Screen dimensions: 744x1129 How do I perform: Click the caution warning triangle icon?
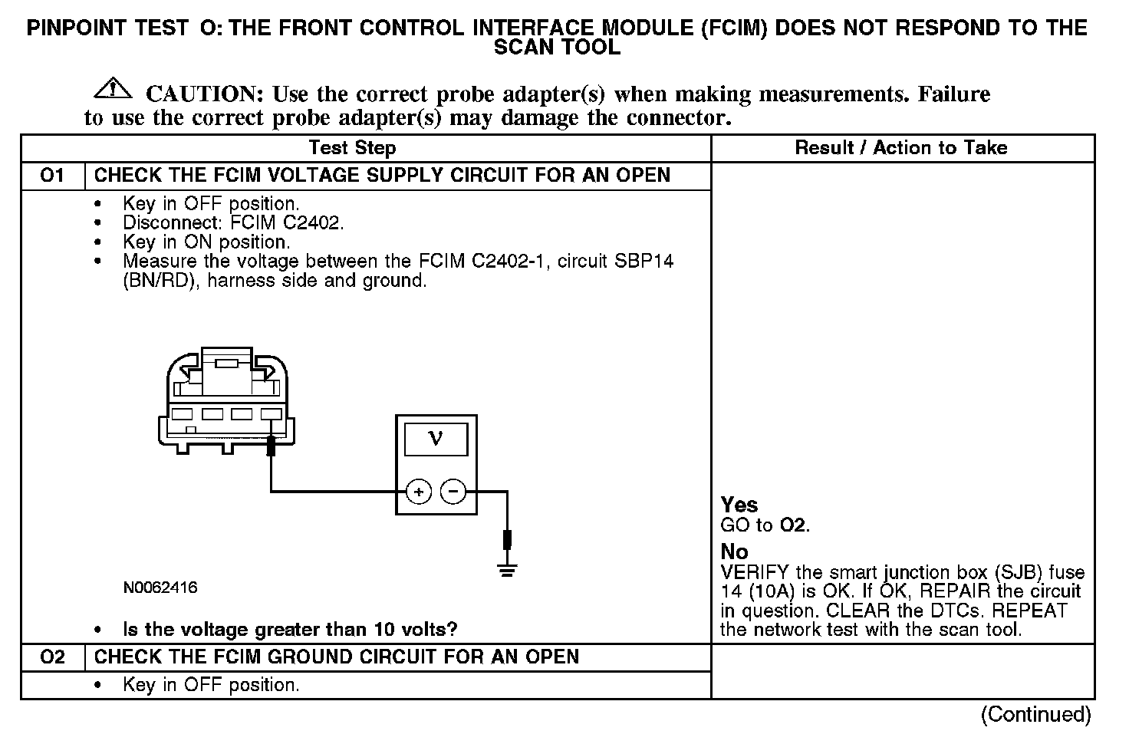112,89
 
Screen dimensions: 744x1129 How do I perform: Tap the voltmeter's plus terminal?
419,491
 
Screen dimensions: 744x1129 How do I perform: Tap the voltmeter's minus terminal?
453,491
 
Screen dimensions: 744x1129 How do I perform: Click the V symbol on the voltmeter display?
436,439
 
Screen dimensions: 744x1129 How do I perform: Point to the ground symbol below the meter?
506,570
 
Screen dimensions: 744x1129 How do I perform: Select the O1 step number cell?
52,176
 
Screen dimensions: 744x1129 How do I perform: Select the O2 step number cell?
52,657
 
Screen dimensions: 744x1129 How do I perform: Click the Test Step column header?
352,148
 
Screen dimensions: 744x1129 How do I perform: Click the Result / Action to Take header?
901,148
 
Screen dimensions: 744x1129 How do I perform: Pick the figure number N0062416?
160,588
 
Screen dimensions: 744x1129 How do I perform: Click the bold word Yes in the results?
739,505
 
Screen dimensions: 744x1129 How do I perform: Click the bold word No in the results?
734,551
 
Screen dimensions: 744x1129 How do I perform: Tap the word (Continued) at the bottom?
1035,714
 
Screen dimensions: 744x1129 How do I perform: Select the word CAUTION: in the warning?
205,94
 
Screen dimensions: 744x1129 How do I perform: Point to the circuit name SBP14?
644,262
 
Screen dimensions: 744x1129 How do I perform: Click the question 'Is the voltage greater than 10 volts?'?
290,630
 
